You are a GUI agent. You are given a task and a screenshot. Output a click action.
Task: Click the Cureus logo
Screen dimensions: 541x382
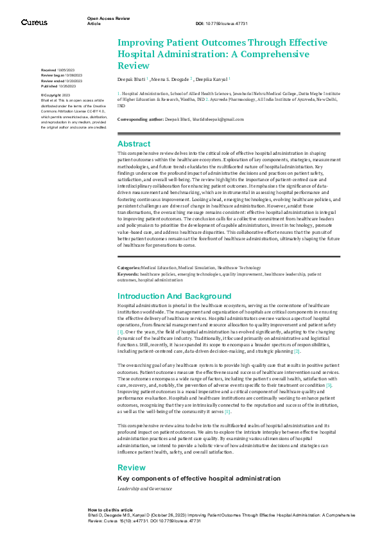34,22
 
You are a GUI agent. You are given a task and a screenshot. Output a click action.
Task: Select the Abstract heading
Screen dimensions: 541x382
134,144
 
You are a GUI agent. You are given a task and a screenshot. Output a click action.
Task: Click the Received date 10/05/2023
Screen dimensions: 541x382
67,69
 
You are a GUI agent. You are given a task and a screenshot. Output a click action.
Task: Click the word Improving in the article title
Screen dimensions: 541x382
140,42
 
